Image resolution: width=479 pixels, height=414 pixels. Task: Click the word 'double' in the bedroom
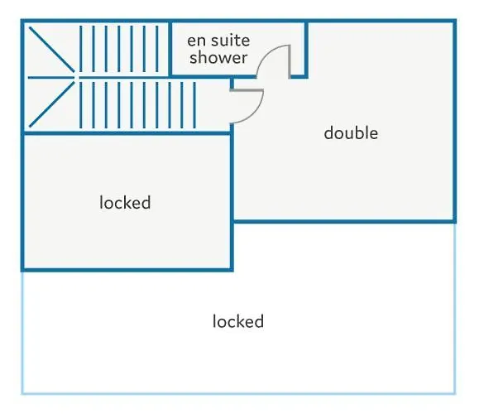[x=351, y=133]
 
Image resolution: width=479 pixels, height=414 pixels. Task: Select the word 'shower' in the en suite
[x=218, y=57]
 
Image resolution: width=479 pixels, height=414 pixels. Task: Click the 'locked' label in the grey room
[x=125, y=202]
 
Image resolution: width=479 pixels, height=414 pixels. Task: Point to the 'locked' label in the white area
[x=238, y=321]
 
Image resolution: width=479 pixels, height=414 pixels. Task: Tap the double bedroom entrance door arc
[x=256, y=113]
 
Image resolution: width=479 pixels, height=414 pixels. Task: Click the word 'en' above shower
[x=196, y=41]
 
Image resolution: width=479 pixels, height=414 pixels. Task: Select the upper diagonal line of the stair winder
[x=51, y=50]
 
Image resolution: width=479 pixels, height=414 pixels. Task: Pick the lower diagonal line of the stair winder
[x=51, y=104]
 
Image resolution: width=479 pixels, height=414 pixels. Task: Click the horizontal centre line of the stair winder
[x=51, y=78]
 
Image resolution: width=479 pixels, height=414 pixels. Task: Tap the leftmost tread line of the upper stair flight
[x=81, y=49]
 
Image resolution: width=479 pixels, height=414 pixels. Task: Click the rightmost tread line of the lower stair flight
[x=194, y=105]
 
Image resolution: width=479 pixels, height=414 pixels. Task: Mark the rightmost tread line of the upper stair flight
[x=157, y=49]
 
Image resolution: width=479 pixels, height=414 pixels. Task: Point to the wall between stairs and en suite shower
[x=170, y=49]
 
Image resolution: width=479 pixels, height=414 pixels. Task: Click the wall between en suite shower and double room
[x=306, y=49]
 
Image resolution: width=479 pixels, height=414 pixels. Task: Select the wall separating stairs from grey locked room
[x=127, y=133]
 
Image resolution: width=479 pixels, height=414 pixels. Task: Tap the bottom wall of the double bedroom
[x=344, y=221]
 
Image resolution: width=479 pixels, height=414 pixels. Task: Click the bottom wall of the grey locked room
[x=127, y=270]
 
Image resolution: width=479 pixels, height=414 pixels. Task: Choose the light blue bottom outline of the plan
[x=238, y=393]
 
